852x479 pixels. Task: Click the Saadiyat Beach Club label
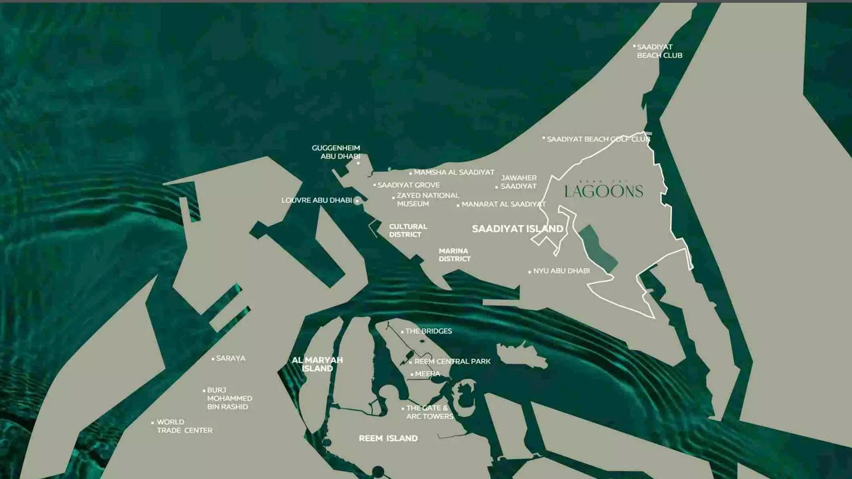(x=659, y=51)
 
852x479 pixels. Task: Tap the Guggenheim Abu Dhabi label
(x=336, y=152)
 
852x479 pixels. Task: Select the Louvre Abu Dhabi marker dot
(x=357, y=200)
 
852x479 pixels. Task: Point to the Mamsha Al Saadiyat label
(x=454, y=172)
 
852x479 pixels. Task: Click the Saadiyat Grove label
(x=408, y=185)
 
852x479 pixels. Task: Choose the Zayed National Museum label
(x=427, y=200)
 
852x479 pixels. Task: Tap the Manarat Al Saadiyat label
(x=503, y=205)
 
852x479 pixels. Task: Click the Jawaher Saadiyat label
(x=518, y=182)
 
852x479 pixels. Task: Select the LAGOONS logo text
(x=604, y=191)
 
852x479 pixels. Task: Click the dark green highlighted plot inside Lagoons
(x=597, y=248)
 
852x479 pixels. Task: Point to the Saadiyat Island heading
(x=517, y=229)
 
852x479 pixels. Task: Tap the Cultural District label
(x=408, y=230)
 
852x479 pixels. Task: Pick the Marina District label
(x=454, y=254)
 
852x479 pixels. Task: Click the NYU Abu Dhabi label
(x=561, y=271)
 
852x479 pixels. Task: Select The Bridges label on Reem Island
(x=428, y=331)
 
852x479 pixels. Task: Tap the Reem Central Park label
(x=452, y=361)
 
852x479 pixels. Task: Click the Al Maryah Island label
(x=317, y=364)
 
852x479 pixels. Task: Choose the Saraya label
(x=231, y=358)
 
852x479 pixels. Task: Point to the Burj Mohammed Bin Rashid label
(x=229, y=398)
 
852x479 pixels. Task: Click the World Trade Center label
(x=184, y=426)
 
